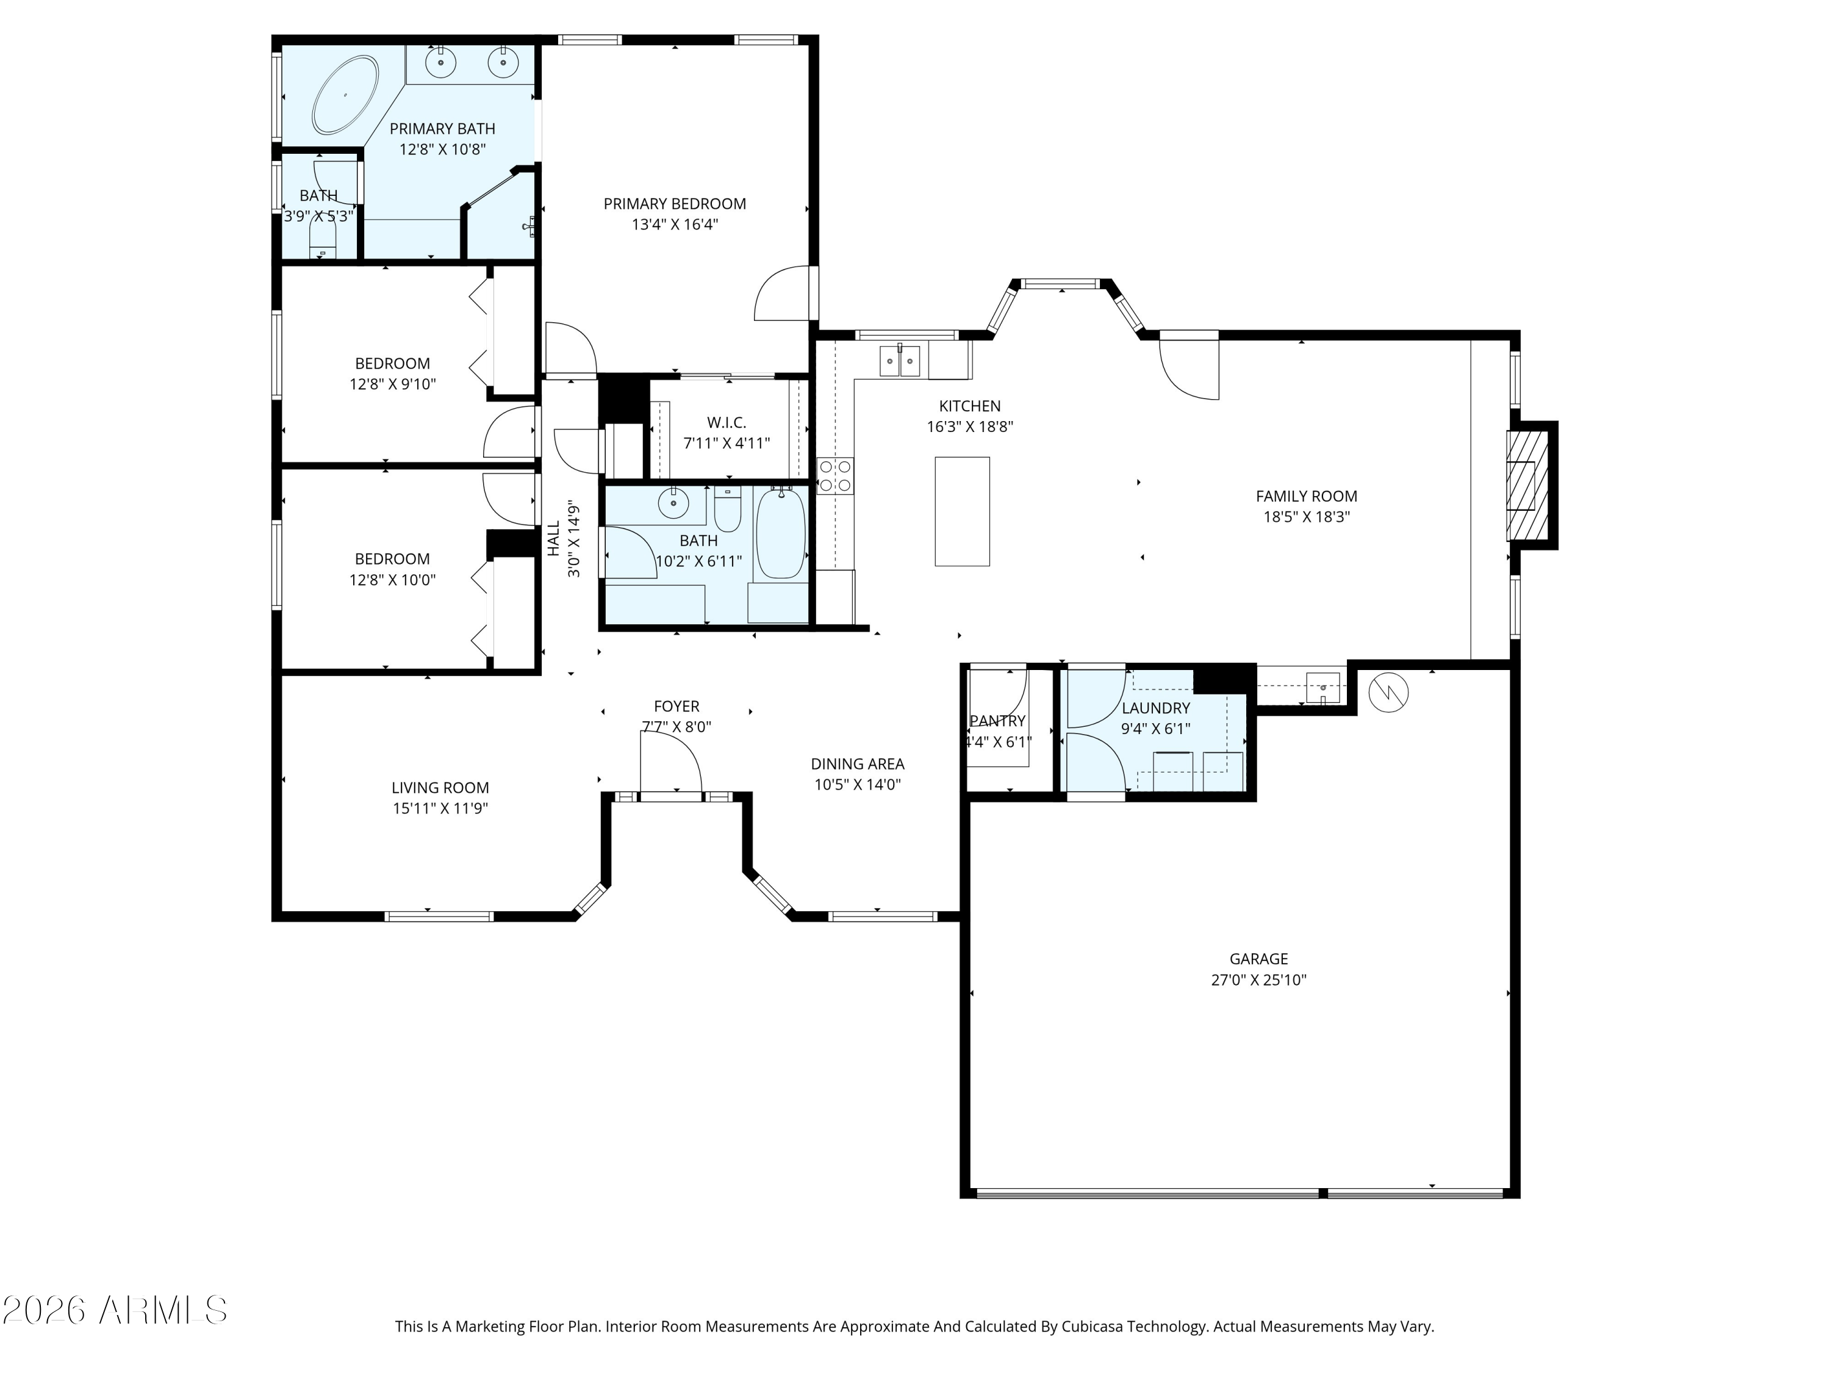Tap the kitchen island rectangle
962,511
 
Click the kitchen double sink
899,361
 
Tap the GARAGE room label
1258,959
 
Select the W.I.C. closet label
727,422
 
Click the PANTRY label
998,721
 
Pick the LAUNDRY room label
1156,708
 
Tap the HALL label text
553,538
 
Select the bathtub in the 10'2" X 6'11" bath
781,533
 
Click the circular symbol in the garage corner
1388,692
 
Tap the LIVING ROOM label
440,788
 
